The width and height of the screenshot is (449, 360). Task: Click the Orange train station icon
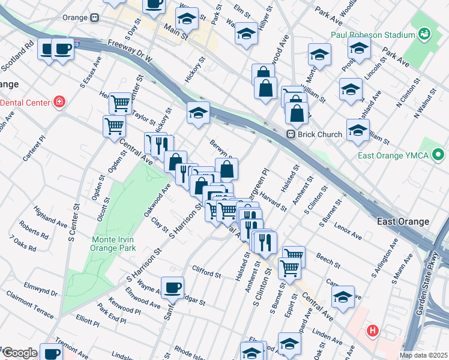pos(95,17)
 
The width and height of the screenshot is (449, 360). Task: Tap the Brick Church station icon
pos(290,134)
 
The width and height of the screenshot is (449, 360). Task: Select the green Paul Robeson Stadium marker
pos(424,34)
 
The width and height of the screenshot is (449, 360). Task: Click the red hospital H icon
pos(373,330)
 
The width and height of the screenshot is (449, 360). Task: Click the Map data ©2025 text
pos(423,355)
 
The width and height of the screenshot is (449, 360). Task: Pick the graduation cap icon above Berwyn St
pos(197,112)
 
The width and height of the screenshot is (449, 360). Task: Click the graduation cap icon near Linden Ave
pos(343,297)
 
